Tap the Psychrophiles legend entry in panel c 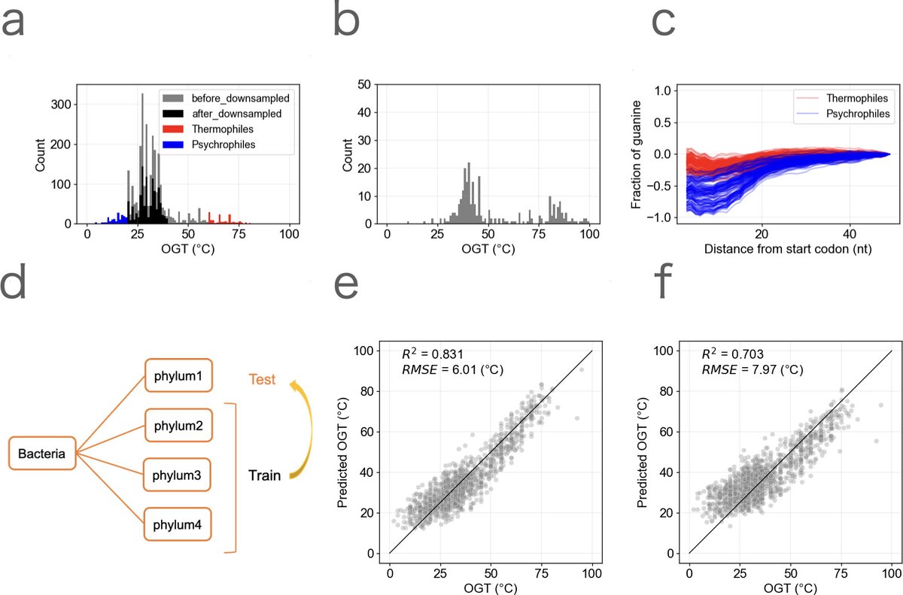point(847,114)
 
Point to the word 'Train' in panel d point(266,475)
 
